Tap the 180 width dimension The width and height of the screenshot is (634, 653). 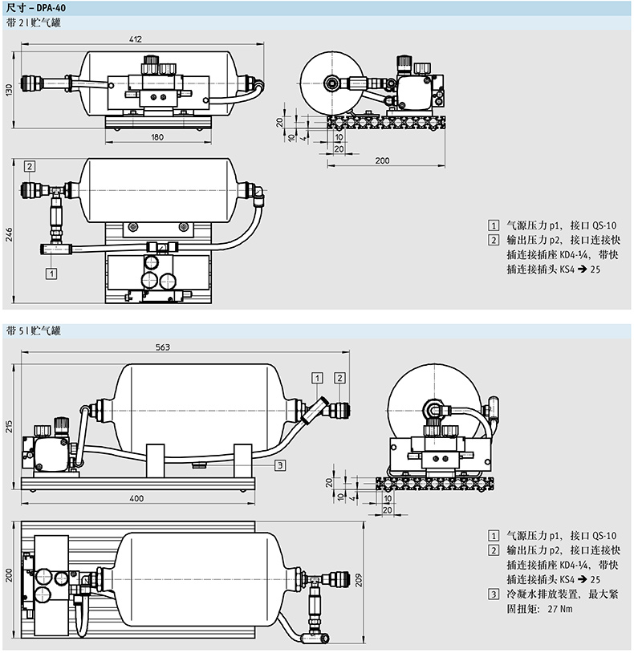point(156,137)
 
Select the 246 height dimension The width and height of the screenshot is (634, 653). point(10,233)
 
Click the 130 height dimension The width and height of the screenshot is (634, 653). point(10,89)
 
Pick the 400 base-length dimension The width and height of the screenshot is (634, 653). point(136,498)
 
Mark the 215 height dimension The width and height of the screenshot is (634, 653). point(10,424)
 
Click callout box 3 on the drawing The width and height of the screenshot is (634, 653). point(278,464)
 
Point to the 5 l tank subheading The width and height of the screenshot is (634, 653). point(32,331)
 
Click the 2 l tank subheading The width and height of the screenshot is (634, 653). point(32,23)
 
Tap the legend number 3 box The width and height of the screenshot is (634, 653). point(492,594)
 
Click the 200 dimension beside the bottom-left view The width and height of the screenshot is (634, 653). point(10,575)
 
